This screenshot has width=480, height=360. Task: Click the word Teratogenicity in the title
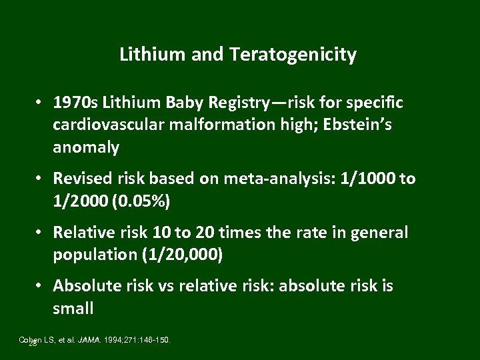click(x=294, y=55)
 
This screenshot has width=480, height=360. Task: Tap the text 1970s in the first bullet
click(x=72, y=103)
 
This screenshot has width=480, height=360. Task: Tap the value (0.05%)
click(x=126, y=201)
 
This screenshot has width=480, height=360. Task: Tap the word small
click(x=73, y=309)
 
